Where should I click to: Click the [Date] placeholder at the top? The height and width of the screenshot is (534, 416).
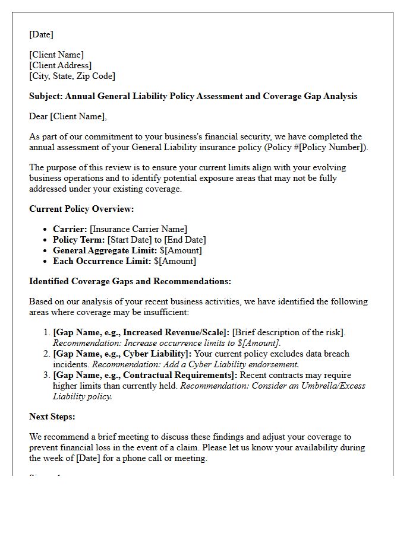coord(41,34)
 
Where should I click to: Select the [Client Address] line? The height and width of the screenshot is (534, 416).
coord(60,65)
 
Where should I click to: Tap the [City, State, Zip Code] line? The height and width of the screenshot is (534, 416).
coord(72,76)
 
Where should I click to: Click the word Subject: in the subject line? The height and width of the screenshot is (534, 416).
coord(46,96)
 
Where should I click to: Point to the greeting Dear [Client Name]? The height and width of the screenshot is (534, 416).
coord(68,116)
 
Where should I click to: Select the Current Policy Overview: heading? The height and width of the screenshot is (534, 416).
coord(81,209)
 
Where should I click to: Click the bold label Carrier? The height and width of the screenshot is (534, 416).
coord(70,229)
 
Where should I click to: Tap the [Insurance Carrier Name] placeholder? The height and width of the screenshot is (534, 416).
coord(138,229)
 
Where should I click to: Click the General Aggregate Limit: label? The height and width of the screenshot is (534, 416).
coord(105,250)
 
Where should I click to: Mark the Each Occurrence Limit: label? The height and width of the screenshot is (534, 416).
coord(102,261)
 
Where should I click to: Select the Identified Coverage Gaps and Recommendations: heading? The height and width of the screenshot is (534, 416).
coord(130,281)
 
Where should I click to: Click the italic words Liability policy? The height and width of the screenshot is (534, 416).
coord(82,396)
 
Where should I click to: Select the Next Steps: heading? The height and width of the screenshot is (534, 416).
coord(52,417)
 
